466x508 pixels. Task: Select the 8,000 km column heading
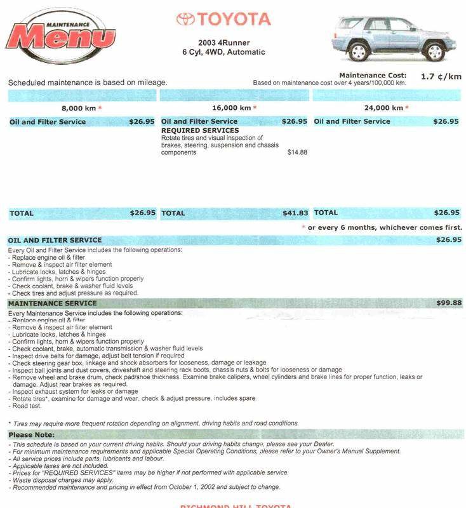coord(81,108)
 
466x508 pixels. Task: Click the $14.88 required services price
coord(297,152)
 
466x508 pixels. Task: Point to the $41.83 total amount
coord(295,213)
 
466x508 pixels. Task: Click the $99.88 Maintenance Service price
coord(448,304)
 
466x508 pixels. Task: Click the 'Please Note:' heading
coord(31,434)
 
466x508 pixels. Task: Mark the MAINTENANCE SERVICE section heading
coord(52,304)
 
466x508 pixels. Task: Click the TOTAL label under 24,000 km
coord(326,213)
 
